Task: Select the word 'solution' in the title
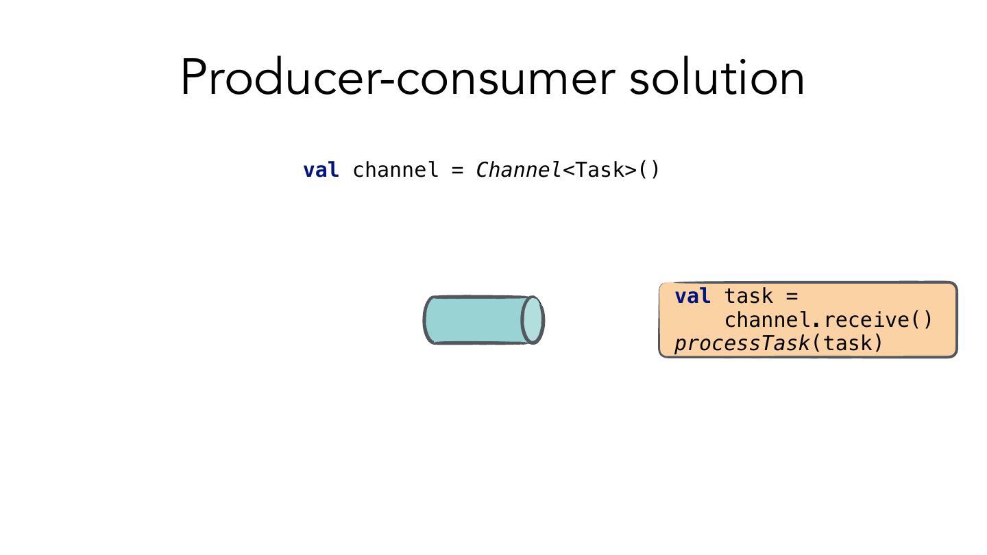pos(717,77)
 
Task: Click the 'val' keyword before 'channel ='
pos(321,170)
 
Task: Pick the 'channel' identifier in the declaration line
pos(395,170)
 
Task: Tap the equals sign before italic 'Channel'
pos(458,170)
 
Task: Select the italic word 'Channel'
pos(519,170)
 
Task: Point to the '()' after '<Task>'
pos(649,170)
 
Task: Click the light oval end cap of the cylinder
pos(533,320)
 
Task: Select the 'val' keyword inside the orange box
pos(692,296)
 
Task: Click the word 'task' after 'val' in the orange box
pos(748,296)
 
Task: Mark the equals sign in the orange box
pos(792,296)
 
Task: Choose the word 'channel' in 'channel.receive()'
pos(768,320)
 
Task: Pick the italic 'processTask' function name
pos(742,343)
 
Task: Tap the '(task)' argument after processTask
pos(848,343)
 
